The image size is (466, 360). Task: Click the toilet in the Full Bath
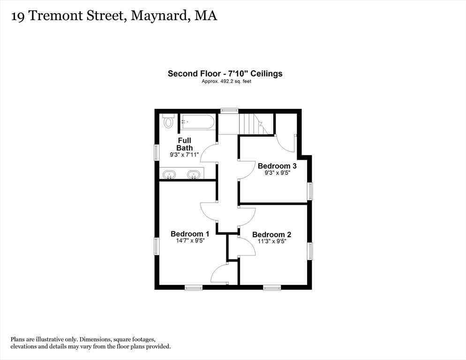click(x=168, y=120)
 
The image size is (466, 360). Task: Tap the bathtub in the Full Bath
click(x=197, y=122)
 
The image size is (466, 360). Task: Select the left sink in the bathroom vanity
click(x=169, y=174)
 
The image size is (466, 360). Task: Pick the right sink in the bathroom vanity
click(x=194, y=174)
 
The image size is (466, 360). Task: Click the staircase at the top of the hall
click(x=254, y=124)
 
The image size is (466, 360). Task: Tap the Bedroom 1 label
click(x=190, y=234)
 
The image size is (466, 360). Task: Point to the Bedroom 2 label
click(x=271, y=234)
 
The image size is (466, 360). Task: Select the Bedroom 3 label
click(x=277, y=166)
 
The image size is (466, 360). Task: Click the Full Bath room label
click(x=185, y=144)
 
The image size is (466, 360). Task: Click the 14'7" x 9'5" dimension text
click(x=190, y=241)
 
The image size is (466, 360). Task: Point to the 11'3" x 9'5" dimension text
click(x=271, y=241)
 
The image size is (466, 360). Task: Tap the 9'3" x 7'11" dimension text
click(x=184, y=155)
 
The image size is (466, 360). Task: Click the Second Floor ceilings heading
click(x=225, y=74)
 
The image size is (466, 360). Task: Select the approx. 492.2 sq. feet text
click(x=226, y=81)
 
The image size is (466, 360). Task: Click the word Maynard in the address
click(x=159, y=16)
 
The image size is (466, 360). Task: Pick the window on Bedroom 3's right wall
click(x=310, y=191)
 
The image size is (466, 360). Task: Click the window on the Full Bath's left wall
click(x=157, y=152)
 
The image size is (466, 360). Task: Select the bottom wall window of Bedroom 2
click(x=272, y=287)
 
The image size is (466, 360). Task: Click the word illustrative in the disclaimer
click(x=50, y=339)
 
